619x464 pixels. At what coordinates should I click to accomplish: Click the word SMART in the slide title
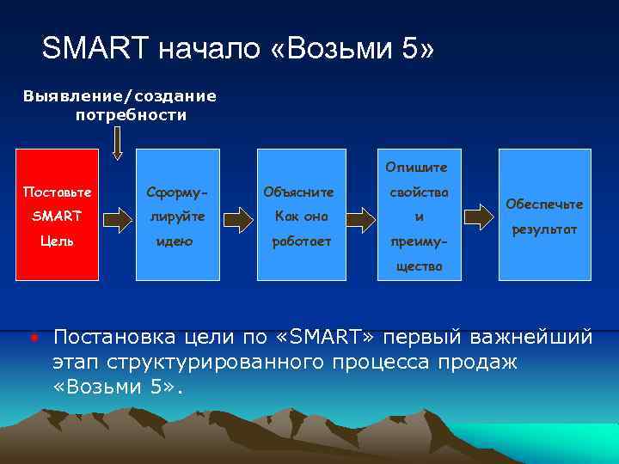click(x=95, y=50)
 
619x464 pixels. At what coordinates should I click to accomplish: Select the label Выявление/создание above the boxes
click(x=120, y=96)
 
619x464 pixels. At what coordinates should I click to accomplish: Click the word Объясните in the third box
click(x=299, y=191)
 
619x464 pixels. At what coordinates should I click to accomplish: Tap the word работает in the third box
click(x=299, y=241)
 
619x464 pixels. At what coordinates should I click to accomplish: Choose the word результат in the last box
click(x=544, y=229)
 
